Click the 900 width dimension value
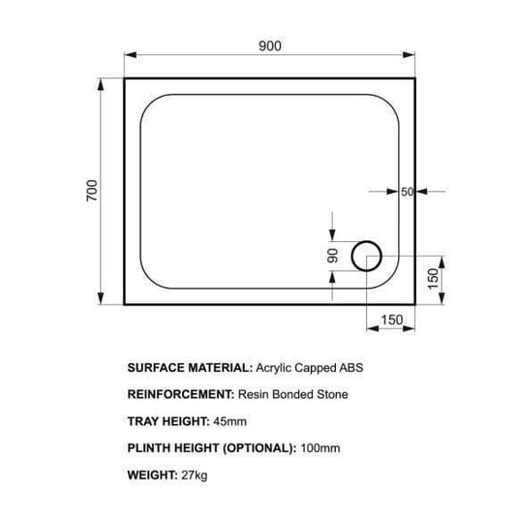[270, 46]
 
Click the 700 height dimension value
[92, 191]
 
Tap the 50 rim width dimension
[407, 192]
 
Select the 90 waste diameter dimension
[333, 256]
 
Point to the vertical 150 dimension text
[433, 279]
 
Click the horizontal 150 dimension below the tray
[392, 320]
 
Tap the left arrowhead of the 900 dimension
[130, 55]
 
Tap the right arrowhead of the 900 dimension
[409, 55]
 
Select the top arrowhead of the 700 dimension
[101, 84]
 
